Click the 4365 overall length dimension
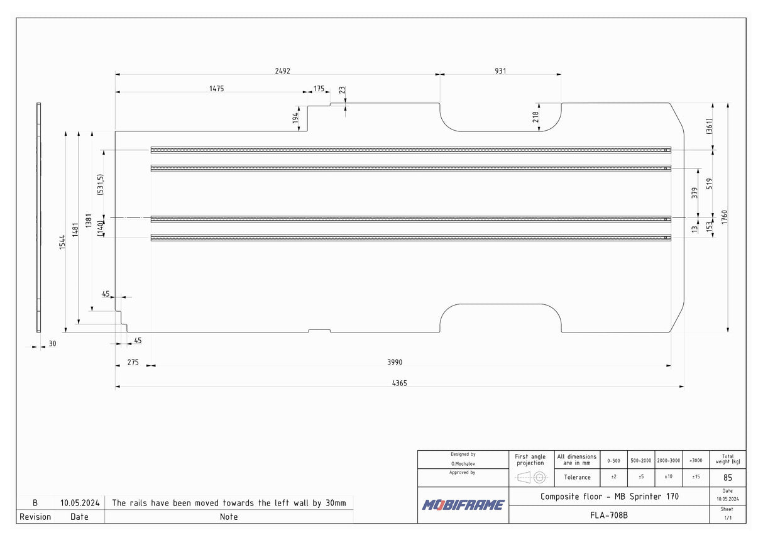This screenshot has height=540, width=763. [399, 383]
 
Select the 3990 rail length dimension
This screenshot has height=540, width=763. [395, 362]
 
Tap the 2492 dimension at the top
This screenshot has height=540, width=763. [283, 71]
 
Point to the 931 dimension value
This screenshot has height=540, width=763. [500, 71]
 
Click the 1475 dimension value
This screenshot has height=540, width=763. [217, 89]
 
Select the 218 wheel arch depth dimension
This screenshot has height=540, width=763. [535, 117]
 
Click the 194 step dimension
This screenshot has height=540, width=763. [295, 118]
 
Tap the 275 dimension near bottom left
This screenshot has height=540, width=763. [133, 362]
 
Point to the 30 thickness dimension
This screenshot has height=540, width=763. [52, 344]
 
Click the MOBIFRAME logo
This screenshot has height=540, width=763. [463, 505]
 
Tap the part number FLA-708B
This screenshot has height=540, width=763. [608, 515]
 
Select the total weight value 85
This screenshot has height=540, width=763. [727, 478]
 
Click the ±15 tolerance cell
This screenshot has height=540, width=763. [696, 477]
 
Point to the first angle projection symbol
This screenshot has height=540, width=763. [530, 478]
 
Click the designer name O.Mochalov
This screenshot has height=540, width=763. [463, 463]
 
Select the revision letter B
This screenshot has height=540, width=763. [35, 503]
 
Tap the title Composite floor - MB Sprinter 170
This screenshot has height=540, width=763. [609, 496]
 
